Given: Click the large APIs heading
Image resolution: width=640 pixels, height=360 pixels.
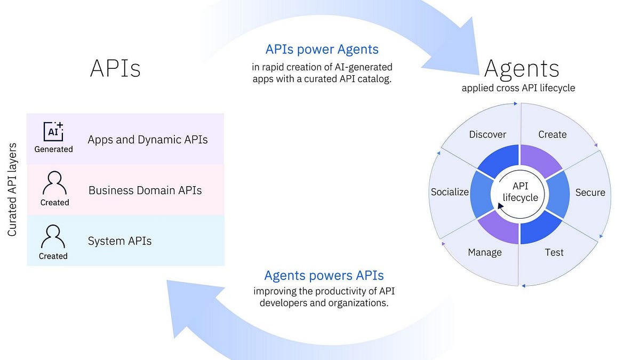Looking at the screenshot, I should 115,68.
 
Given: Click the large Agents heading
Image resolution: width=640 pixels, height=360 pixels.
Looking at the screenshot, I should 521,68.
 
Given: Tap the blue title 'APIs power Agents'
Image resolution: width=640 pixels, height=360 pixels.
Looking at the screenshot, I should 322,50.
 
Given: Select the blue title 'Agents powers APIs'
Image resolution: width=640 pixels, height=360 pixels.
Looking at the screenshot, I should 324,276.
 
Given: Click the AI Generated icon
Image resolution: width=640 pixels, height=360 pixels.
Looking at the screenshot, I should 53,131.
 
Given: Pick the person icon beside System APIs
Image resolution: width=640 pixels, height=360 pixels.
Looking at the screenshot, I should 53,236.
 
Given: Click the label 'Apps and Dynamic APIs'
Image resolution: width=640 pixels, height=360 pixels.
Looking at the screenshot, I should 148,140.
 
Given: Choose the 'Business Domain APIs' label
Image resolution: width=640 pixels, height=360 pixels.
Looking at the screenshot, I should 145,190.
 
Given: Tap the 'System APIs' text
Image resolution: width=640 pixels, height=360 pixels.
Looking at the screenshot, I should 119,241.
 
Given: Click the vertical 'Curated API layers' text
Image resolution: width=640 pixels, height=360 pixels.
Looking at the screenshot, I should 12,190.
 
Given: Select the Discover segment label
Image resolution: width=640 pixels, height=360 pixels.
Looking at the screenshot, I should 487,134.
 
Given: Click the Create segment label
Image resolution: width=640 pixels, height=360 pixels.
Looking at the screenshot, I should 553,134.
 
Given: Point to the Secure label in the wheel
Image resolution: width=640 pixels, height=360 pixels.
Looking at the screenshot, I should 590,193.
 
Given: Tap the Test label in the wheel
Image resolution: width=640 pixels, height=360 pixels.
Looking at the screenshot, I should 554,252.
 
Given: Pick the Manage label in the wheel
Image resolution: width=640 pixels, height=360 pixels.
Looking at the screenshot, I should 485,252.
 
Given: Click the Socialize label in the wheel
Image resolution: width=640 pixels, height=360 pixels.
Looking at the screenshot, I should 450,192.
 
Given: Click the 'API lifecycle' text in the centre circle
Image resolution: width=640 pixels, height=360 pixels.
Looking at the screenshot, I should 520,192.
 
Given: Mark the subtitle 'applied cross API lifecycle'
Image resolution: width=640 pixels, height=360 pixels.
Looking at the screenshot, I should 518,88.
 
